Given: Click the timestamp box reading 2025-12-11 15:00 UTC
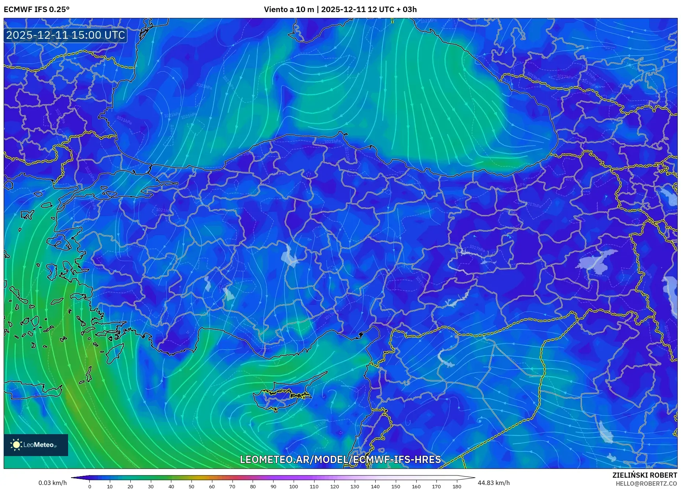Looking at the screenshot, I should click(x=66, y=35).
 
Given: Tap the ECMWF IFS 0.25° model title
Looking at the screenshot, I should click(x=37, y=10).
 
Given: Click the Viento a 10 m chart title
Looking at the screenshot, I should click(x=340, y=10).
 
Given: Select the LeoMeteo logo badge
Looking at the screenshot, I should click(x=36, y=445).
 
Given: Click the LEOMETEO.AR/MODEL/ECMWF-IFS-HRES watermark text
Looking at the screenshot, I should click(x=340, y=459).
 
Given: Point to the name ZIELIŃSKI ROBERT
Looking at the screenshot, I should click(x=644, y=475).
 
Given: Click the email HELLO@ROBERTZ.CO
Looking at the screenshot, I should click(x=646, y=484).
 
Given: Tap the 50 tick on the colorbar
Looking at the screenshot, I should click(x=191, y=486).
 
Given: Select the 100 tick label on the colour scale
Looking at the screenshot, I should click(x=294, y=486).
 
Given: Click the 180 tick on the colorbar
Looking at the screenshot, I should click(x=457, y=486).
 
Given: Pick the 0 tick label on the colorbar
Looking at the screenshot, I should click(x=90, y=486).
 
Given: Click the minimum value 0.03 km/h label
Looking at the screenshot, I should click(x=53, y=483).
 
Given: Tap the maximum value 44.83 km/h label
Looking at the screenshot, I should click(x=494, y=483).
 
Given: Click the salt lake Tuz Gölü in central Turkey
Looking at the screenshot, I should click(x=289, y=256).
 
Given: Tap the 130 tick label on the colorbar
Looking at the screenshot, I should click(x=354, y=486).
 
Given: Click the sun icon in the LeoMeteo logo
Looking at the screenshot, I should click(x=16, y=445).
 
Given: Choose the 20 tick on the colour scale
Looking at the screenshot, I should click(x=130, y=486).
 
